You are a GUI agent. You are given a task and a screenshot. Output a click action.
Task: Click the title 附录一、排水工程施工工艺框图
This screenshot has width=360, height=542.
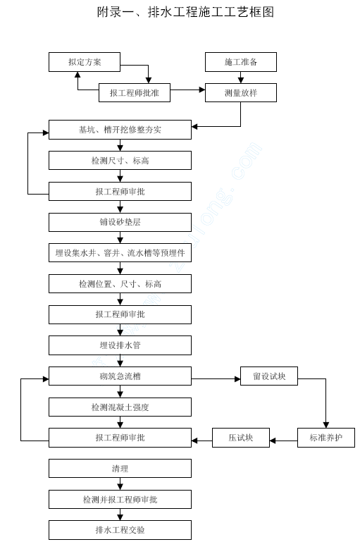185,12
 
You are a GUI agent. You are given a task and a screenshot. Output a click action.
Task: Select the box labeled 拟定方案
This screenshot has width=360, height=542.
85,62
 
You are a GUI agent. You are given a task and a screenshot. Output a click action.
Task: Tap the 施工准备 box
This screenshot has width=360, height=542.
241,62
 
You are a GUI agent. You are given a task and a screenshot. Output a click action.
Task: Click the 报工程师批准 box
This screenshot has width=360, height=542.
135,92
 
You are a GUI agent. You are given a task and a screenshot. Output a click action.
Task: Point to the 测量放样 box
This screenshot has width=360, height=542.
241,92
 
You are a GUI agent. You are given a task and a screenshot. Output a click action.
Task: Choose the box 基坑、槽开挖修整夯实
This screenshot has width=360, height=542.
120,130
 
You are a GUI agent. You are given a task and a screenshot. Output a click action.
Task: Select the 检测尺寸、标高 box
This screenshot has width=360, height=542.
120,161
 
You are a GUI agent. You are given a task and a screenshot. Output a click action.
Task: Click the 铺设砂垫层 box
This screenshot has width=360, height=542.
120,222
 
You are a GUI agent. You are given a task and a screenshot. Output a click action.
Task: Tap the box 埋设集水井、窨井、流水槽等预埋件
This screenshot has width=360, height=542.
120,253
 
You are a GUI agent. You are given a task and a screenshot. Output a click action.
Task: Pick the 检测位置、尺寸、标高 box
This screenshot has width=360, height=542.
120,284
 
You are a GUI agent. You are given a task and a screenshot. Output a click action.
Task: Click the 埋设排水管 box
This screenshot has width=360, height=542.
120,345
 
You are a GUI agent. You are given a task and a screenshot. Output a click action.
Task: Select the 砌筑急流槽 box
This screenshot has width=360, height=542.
120,376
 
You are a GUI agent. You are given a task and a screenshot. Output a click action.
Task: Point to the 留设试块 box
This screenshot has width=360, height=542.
269,376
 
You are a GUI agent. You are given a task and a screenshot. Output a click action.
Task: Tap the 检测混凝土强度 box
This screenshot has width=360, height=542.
120,407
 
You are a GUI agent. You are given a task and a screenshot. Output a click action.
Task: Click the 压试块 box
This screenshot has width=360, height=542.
241,438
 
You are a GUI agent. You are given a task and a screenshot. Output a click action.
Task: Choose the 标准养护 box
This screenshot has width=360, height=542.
326,438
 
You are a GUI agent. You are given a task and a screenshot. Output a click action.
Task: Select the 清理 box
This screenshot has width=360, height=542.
120,469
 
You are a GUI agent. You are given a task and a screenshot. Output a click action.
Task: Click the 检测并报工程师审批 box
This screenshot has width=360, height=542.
120,500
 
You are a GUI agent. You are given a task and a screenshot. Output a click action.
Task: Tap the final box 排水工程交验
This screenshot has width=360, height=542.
120,530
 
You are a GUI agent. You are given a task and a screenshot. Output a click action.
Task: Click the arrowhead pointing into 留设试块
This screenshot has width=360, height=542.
237,379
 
